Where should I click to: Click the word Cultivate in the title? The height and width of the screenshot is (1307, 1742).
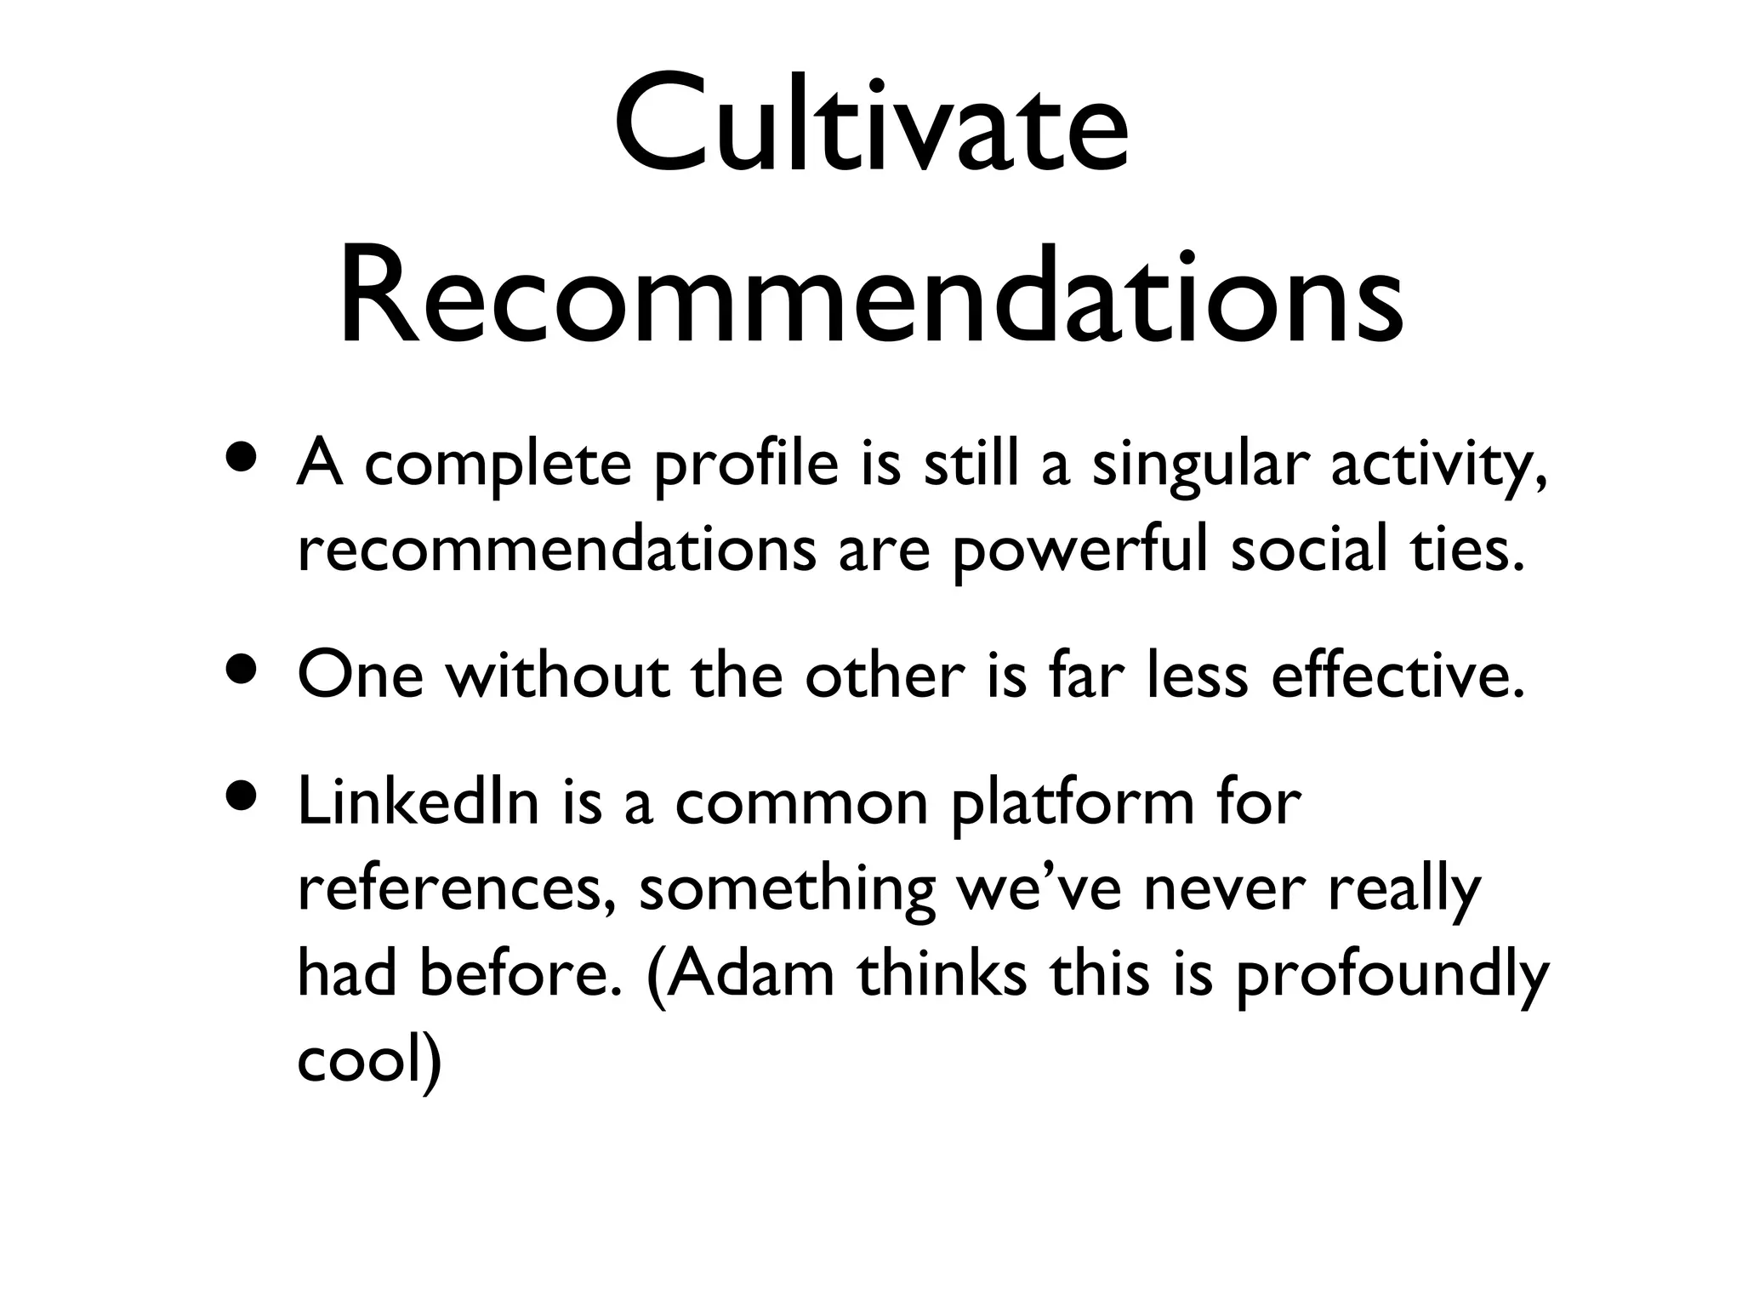pyautogui.click(x=871, y=128)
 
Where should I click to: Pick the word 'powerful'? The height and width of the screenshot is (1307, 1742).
pyautogui.click(x=1079, y=551)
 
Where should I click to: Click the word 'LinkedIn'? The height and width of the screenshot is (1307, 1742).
pyautogui.click(x=418, y=803)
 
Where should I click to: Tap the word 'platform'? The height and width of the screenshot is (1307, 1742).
pyautogui.click(x=1073, y=805)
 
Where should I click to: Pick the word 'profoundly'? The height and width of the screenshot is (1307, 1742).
pyautogui.click(x=1392, y=976)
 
